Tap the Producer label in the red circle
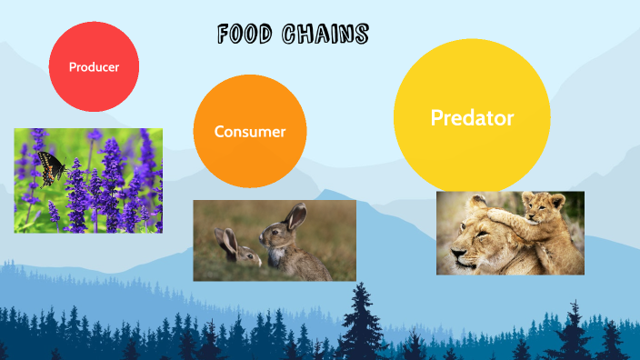(94, 66)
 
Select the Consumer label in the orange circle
(250, 132)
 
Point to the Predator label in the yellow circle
(472, 118)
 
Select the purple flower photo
(88, 180)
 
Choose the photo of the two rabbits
(274, 240)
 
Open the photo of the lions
(510, 233)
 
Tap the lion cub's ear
(556, 197)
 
